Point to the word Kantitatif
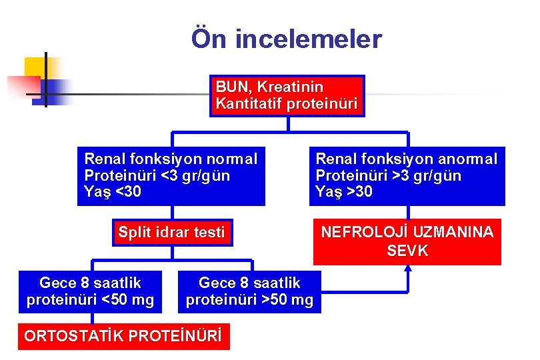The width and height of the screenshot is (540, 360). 247,104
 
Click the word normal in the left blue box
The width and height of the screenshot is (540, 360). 232,159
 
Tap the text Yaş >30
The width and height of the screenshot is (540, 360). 344,193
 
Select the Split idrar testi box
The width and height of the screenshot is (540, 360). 171,233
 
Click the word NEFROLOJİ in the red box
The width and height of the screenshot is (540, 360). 365,233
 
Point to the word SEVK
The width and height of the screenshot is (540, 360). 407,251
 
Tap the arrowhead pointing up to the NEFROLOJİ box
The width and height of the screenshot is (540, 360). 408,269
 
